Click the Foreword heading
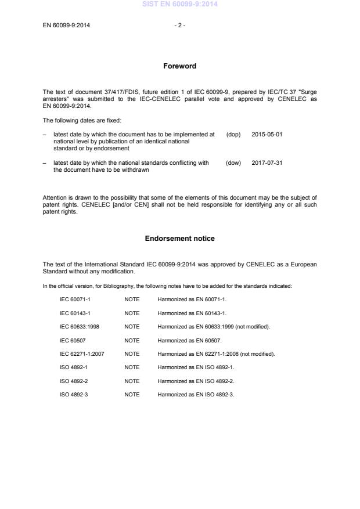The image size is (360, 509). point(179,66)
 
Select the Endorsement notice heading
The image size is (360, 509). point(179,239)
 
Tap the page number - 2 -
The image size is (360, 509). point(179,25)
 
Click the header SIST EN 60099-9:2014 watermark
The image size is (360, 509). point(179,5)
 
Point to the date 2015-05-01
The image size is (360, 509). point(267,134)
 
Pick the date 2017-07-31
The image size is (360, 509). point(267,163)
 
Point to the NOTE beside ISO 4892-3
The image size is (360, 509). point(132,395)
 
